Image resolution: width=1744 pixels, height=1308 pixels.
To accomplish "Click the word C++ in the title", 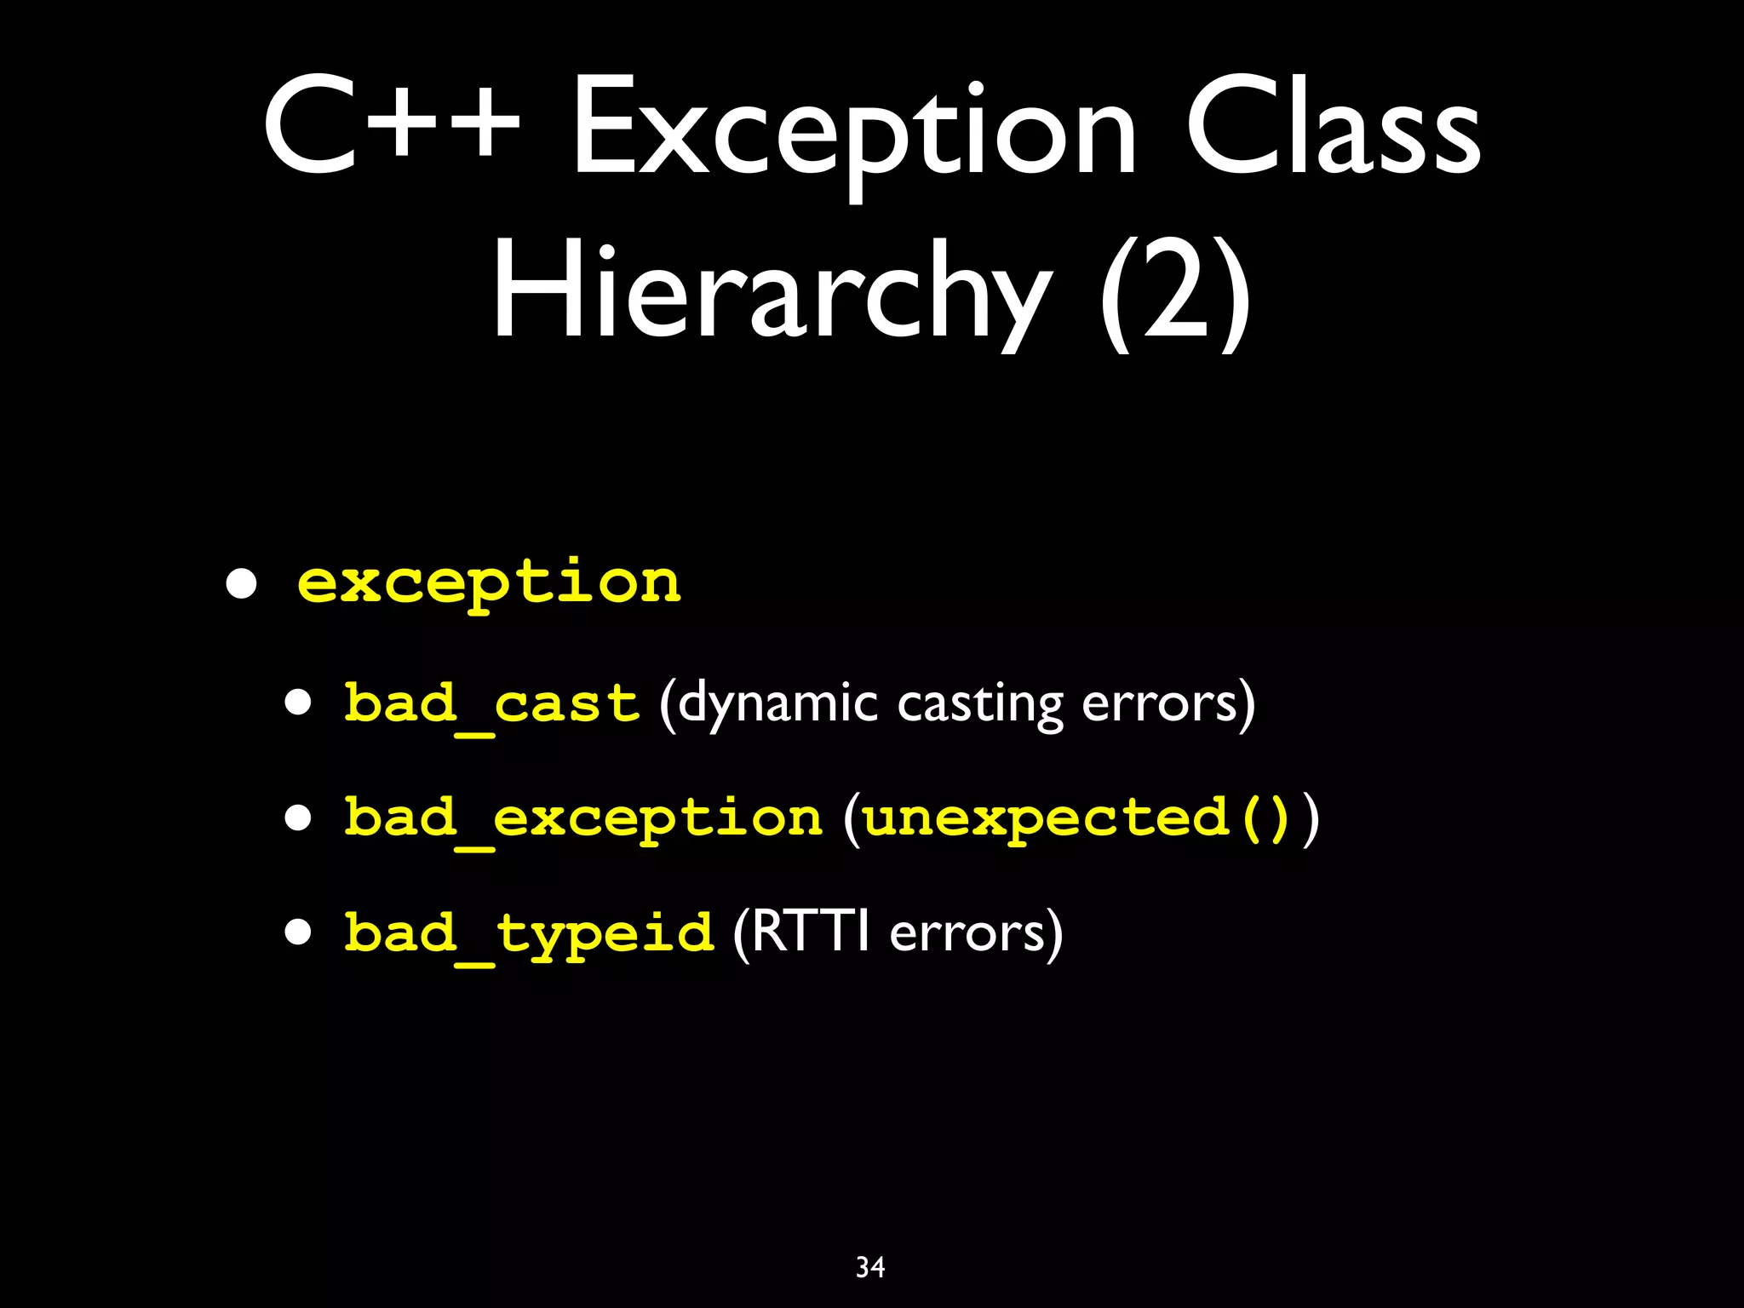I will pos(392,126).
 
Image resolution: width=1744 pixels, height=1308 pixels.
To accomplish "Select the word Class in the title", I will pos(1333,126).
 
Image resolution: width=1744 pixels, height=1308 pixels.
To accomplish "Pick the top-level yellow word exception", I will pos(489,583).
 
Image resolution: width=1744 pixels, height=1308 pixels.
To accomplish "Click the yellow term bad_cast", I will pos(491,705).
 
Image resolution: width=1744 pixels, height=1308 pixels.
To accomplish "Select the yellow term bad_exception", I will pos(583,819).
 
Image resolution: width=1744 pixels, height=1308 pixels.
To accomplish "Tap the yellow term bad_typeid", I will pos(528,933).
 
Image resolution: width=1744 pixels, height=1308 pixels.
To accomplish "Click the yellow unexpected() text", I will pos(1076,819).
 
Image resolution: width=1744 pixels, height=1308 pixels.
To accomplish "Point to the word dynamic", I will pos(777,705).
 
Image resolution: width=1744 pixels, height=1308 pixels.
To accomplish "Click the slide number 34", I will pos(870,1267).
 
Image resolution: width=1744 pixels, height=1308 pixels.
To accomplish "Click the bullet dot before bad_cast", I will pos(299,705).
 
